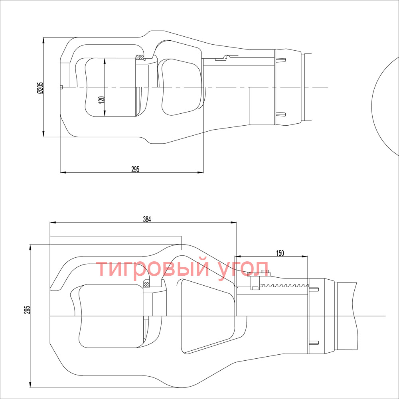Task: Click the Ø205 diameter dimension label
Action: click(x=40, y=88)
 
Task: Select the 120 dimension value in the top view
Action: click(x=101, y=99)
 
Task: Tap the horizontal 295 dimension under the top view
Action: click(x=135, y=169)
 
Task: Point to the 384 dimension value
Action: click(x=147, y=219)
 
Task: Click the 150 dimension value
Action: click(x=280, y=253)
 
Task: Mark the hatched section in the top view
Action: click(x=139, y=57)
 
